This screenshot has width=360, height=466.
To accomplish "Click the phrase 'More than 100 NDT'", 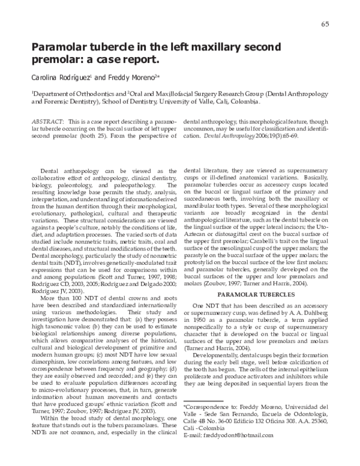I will pos(68,280).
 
